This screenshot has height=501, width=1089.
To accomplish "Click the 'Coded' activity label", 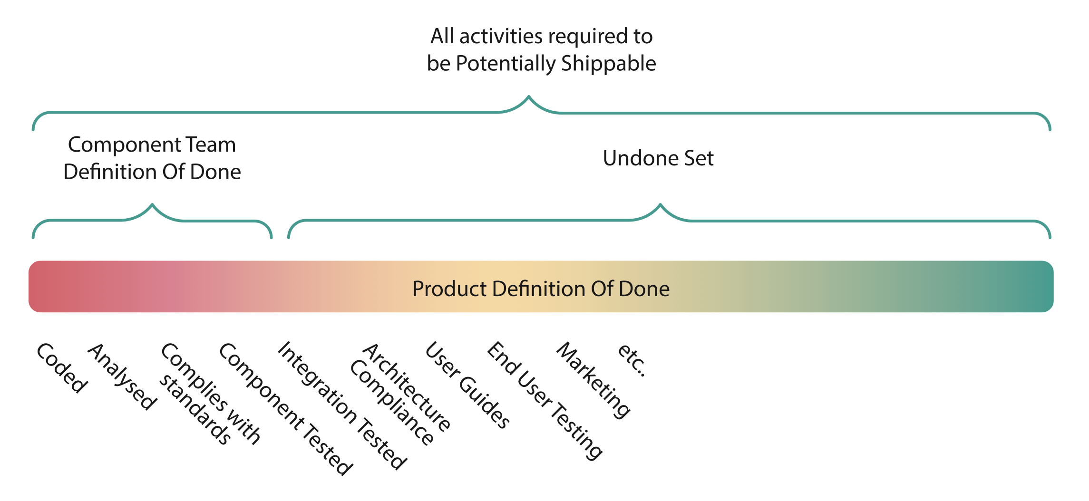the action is click(x=62, y=368).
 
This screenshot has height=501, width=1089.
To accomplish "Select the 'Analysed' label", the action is click(x=122, y=376).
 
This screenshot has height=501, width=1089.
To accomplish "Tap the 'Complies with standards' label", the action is click(x=209, y=394).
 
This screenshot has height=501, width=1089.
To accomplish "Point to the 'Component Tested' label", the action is click(x=286, y=409).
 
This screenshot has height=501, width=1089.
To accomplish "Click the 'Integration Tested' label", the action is click(x=342, y=405).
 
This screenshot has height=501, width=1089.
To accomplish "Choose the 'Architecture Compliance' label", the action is click(x=400, y=394).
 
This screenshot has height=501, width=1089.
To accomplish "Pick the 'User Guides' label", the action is click(x=467, y=385).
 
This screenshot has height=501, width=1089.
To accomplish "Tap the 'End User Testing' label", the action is click(x=545, y=401).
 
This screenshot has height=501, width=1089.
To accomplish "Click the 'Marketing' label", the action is click(x=593, y=380).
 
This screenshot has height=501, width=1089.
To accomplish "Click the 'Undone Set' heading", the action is click(x=658, y=158).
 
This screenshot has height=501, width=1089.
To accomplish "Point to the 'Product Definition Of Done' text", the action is click(x=541, y=289).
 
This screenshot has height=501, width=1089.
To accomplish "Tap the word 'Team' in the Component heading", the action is click(x=211, y=145).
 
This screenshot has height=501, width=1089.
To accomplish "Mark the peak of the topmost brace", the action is click(x=528, y=96).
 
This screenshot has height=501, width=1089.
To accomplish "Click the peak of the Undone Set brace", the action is click(x=660, y=204).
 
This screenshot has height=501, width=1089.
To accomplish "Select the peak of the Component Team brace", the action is click(x=152, y=204).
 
